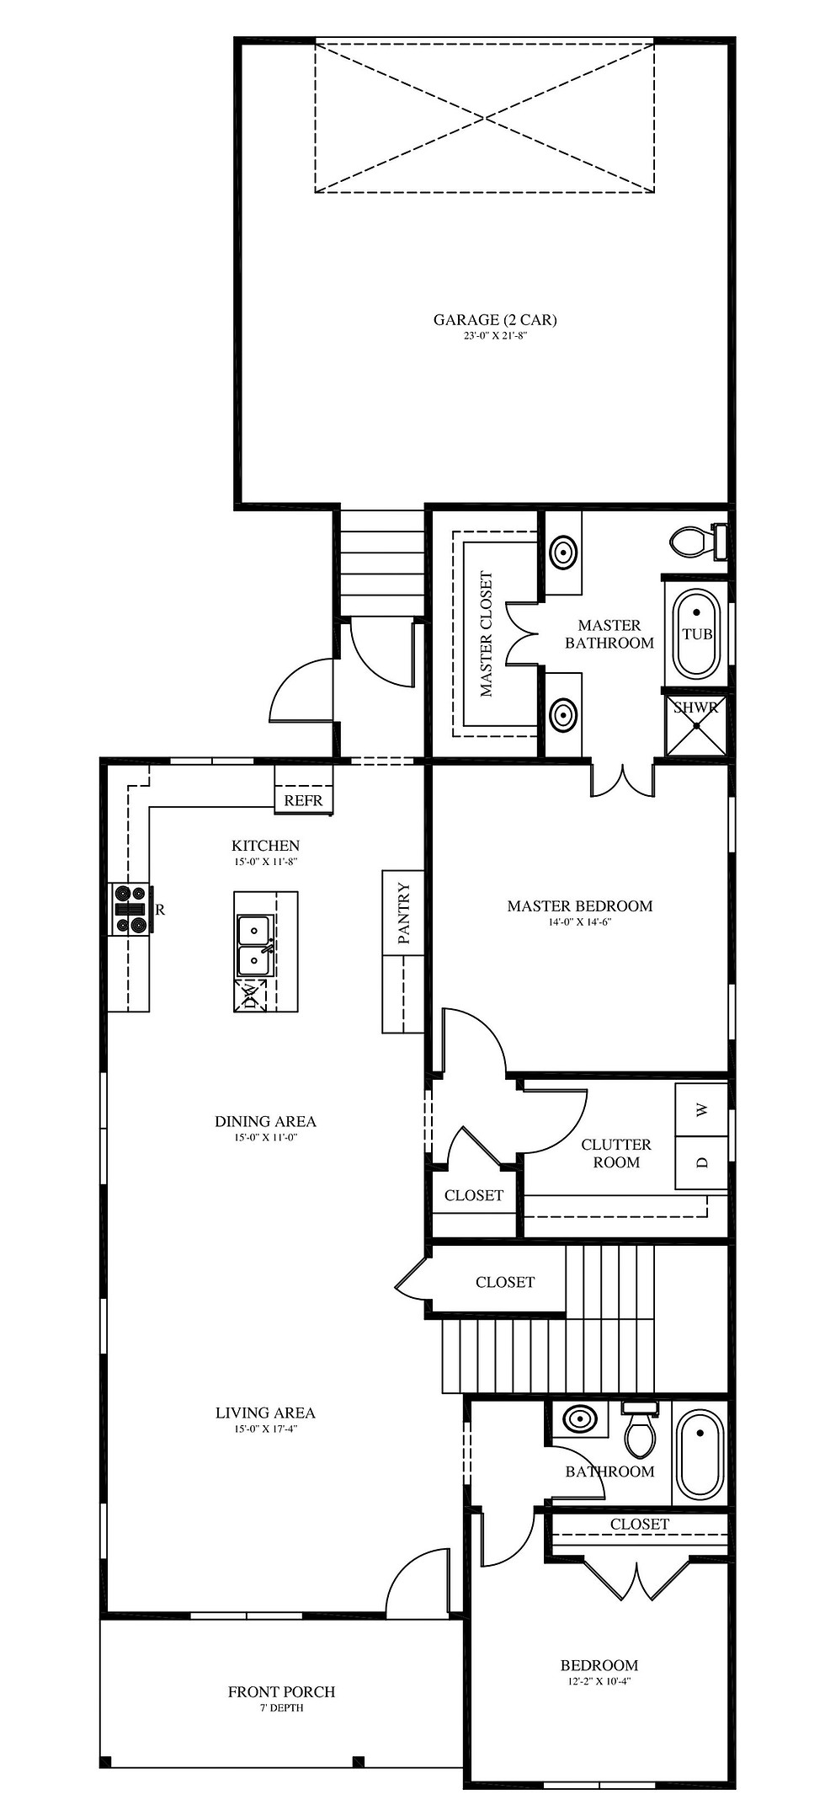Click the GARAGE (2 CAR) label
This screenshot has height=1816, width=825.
[495, 319]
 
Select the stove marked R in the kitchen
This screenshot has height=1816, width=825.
[130, 909]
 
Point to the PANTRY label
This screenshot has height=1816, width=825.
[403, 913]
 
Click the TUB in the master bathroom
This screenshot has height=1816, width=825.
[697, 634]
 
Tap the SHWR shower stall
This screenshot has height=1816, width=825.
[695, 724]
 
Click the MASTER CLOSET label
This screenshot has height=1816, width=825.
[486, 635]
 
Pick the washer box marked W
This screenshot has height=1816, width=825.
[702, 1109]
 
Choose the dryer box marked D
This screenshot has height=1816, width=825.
[702, 1162]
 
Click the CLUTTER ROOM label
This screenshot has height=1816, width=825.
[616, 1153]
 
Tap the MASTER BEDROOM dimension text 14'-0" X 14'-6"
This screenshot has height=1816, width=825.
[580, 922]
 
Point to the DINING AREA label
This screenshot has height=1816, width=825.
[265, 1121]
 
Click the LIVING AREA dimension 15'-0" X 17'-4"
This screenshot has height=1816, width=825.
[265, 1429]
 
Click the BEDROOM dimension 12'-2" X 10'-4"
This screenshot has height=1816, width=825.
[599, 1681]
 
